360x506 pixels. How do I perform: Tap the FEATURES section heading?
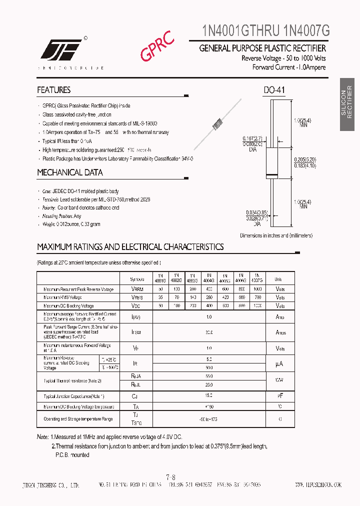53,90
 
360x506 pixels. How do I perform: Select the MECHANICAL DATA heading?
70,172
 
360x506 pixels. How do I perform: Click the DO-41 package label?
274,90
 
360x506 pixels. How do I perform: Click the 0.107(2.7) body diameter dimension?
252,138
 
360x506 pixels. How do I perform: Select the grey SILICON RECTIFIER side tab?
349,104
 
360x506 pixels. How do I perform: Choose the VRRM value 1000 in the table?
257,289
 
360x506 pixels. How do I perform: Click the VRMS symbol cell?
137,297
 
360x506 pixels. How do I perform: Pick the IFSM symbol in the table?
137,332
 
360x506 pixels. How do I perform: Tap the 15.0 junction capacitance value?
209,396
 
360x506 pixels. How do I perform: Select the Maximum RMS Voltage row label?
69,297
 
